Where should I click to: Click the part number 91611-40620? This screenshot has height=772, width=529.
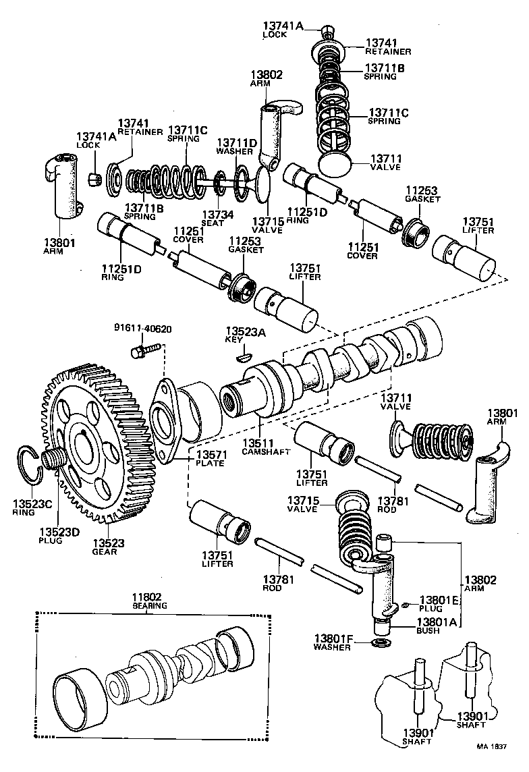point(142,329)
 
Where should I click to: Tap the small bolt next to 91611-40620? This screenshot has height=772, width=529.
point(143,350)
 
